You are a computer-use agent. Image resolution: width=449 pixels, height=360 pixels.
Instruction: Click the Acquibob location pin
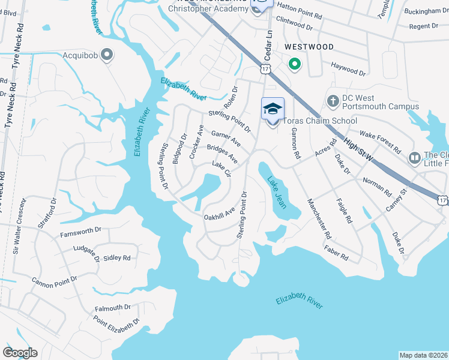107,55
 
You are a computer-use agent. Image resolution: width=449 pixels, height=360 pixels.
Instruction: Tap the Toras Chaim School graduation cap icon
272,109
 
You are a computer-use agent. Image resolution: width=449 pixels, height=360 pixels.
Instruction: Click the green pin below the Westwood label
294,63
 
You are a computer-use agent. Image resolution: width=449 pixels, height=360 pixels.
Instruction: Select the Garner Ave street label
226,139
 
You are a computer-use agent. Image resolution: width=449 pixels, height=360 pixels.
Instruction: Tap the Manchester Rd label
319,220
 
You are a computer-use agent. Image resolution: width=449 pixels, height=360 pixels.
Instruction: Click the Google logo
20,353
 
